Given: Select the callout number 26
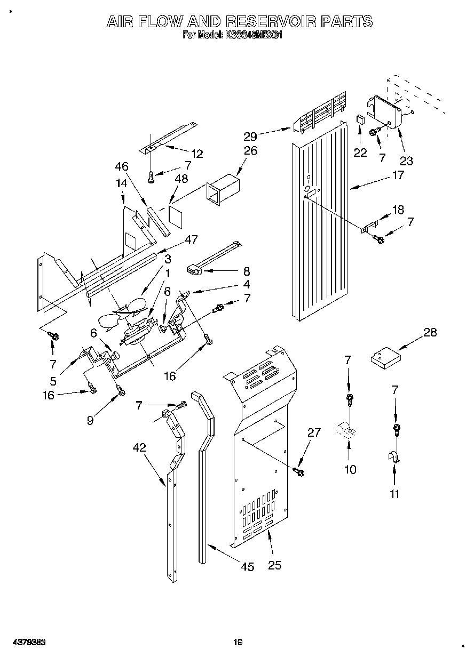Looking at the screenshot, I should (250, 150).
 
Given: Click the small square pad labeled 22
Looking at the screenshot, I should (360, 118).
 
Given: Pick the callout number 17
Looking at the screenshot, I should (398, 174).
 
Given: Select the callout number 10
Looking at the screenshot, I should (350, 469).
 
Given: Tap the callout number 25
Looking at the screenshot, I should (274, 565).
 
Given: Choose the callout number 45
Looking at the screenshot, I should (247, 566).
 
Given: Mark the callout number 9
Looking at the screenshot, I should (90, 420).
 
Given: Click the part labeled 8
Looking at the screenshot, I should (195, 271).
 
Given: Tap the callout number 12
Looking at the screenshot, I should (197, 154).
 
